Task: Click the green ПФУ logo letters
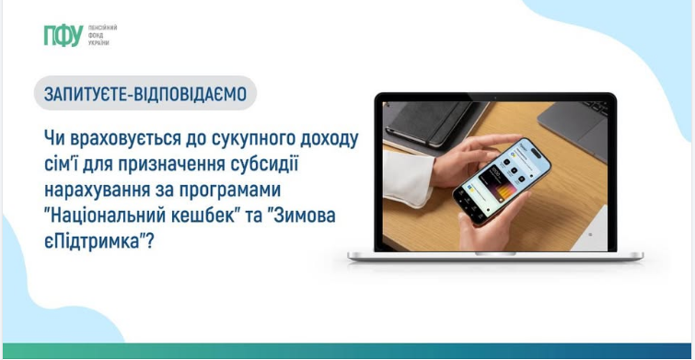tap(63, 36)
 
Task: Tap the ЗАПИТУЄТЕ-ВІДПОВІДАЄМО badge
tap(145, 94)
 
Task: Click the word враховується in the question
tap(124, 138)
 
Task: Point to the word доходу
tap(323, 138)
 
